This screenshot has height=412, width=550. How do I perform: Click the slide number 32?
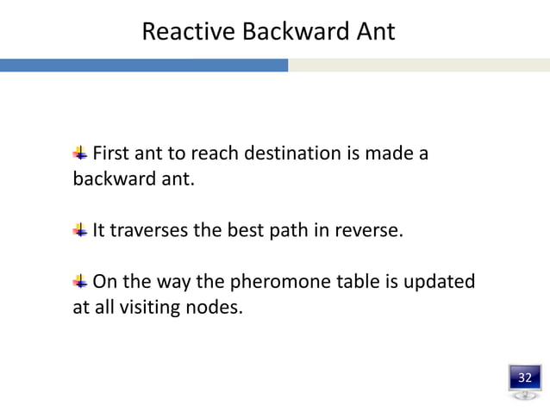[x=524, y=378]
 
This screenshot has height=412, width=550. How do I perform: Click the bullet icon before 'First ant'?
[x=79, y=153]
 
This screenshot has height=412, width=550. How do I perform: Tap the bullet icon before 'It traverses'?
[x=79, y=229]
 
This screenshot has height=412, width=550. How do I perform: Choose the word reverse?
[x=371, y=230]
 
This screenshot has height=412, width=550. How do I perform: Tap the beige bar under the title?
[x=419, y=66]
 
